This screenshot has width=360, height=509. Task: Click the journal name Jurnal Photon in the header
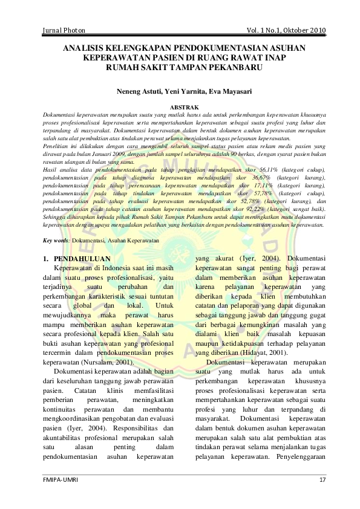click(64, 30)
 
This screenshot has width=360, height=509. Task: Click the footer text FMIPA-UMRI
click(61, 479)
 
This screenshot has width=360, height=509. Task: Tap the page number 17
click(322, 479)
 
